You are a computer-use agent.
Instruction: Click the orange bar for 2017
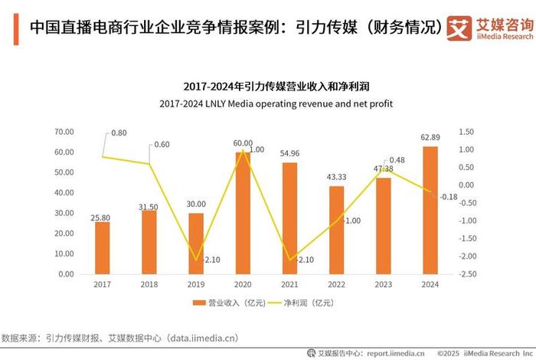tap(103, 247)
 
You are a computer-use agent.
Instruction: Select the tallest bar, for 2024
tap(430, 210)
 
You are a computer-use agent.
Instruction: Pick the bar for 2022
tap(337, 230)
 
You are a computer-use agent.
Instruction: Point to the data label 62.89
tap(430, 139)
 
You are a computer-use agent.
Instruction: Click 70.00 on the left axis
tap(64, 132)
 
